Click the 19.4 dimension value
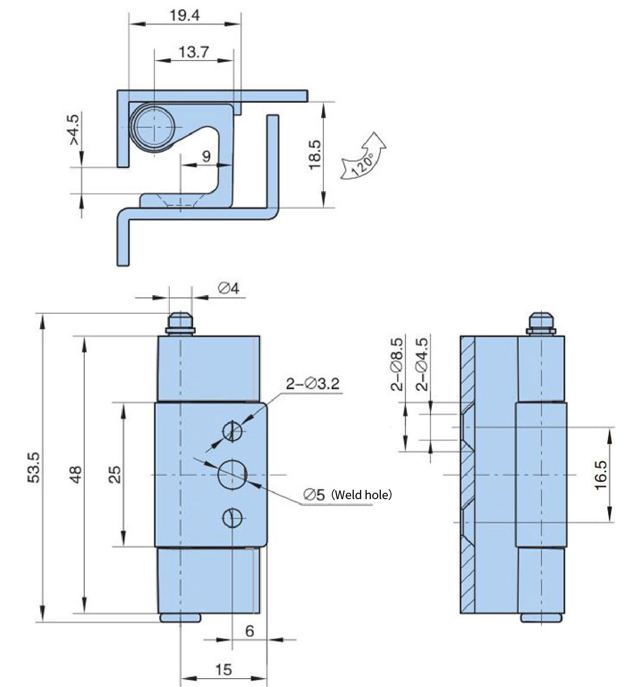(184, 15)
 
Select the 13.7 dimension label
(194, 52)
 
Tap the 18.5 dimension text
(315, 155)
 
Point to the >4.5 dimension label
(74, 130)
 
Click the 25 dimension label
(115, 474)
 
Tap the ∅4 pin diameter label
(229, 289)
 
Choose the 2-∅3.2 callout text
(313, 384)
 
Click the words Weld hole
(362, 495)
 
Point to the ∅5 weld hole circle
(233, 475)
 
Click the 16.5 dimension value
(600, 475)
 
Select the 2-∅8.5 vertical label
(397, 365)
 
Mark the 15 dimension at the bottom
(223, 669)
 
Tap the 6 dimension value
(250, 631)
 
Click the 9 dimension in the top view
(206, 155)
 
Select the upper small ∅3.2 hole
(233, 431)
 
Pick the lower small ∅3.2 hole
(233, 518)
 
